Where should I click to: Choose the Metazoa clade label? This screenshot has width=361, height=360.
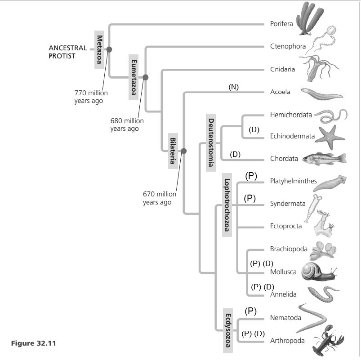coord(99,49)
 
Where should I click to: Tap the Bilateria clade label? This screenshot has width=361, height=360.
coord(173,151)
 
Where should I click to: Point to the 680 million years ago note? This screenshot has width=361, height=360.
coord(127,124)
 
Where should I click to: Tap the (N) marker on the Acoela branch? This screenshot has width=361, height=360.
coord(233,87)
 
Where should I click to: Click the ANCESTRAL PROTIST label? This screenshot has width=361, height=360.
coord(68,52)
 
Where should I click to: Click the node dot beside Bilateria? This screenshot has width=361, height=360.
coord(183,151)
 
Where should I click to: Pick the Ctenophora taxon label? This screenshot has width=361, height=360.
coord(288,46)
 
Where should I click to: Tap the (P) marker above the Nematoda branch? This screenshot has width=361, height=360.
coord(250,311)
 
